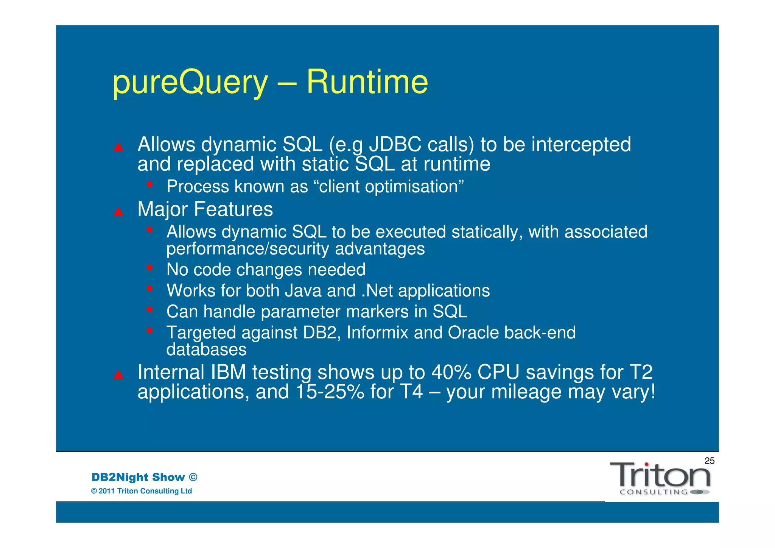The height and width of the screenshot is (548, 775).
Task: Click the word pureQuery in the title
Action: coord(190,82)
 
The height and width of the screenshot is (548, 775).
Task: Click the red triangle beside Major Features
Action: coord(118,212)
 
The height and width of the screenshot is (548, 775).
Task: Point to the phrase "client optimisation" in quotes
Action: coord(391,187)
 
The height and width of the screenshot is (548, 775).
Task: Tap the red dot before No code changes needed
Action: coord(150,268)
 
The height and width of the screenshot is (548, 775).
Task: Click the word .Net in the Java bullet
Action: coord(377,291)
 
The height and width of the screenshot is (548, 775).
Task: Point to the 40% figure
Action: coord(451,372)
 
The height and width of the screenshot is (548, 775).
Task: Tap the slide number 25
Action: coord(709,461)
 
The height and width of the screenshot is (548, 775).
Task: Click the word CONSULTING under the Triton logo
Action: coord(654,492)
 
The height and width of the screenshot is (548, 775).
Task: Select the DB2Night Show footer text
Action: coord(144,477)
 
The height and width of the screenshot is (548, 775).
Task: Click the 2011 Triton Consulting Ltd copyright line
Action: coord(142,491)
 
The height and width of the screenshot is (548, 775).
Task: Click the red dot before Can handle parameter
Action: coord(150,310)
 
